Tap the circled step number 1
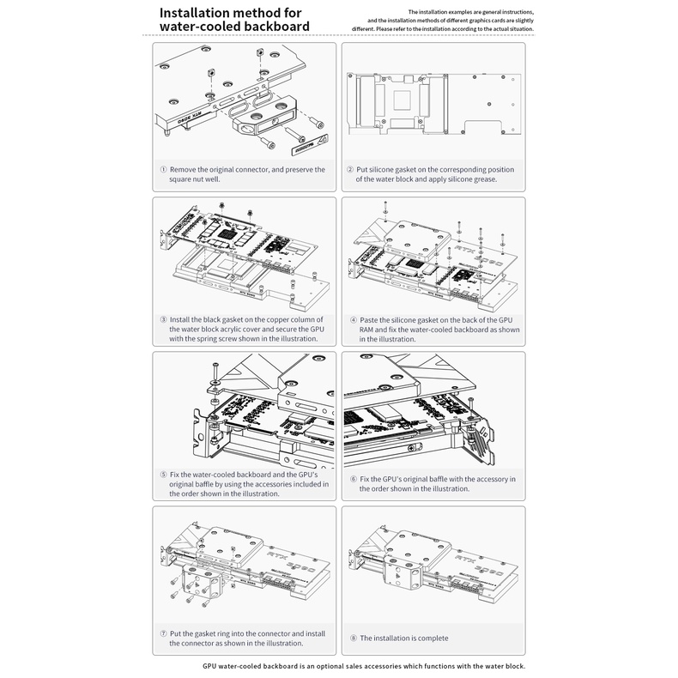tap(163, 169)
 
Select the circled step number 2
tap(349, 169)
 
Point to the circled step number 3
tap(163, 318)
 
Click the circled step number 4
tap(349, 318)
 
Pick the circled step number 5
tap(163, 475)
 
